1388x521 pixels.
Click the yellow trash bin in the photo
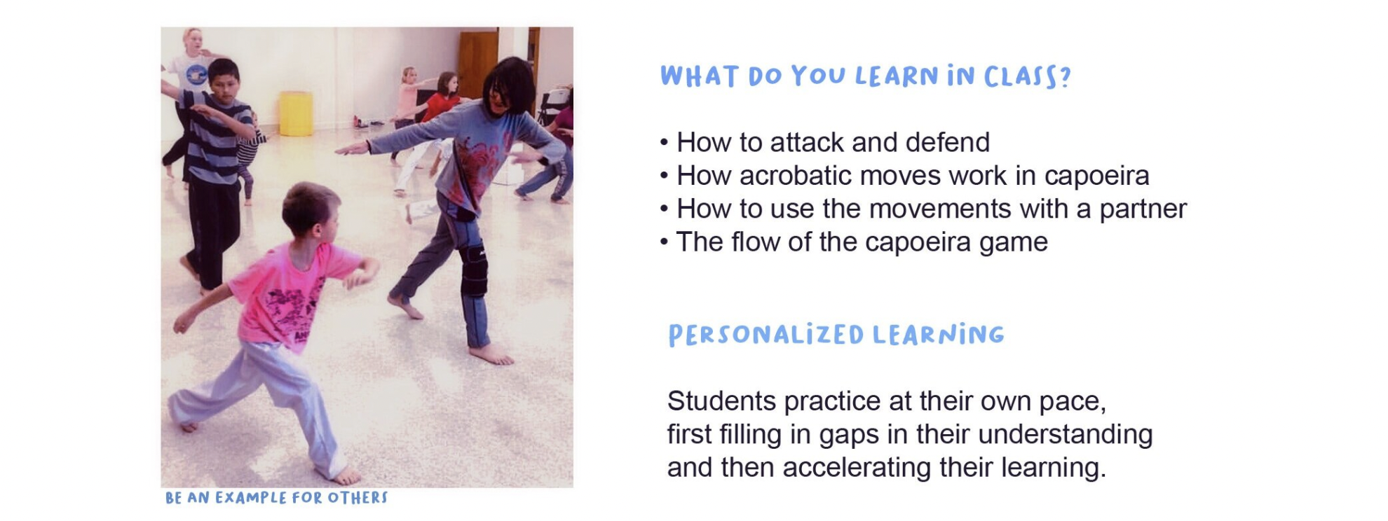(296, 113)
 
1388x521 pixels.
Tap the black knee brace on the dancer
(473, 270)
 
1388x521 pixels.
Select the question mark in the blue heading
(1066, 76)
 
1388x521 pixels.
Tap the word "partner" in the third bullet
(1143, 209)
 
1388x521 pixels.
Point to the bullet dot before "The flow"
(664, 243)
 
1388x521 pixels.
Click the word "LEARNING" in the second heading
(939, 335)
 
